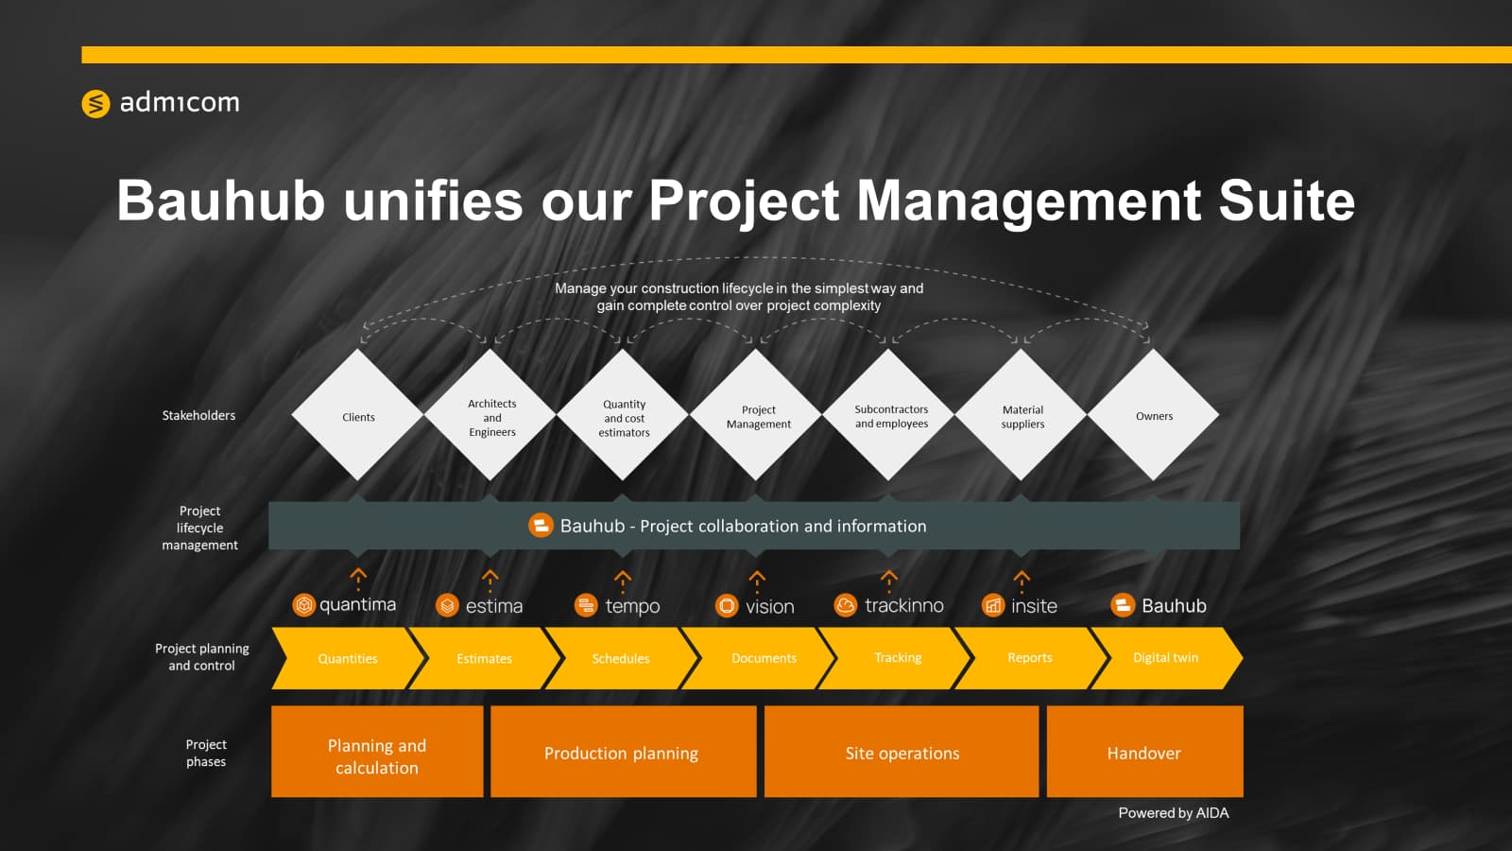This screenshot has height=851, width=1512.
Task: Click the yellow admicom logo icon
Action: pos(95,103)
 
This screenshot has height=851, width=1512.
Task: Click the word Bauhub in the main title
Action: pos(221,200)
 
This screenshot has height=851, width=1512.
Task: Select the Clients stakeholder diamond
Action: pos(358,415)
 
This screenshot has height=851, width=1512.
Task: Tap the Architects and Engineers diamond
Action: pos(490,415)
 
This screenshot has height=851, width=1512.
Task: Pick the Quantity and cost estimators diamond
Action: pos(623,415)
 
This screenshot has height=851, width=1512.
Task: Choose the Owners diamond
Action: pos(1154,415)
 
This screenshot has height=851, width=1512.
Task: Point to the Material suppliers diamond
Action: pos(1022,415)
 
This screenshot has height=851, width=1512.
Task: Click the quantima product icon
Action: pos(303,604)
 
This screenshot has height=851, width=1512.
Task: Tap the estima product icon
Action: pos(447,605)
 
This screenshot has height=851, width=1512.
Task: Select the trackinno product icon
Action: pos(845,604)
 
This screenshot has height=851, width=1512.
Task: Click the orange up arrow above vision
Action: pos(757,581)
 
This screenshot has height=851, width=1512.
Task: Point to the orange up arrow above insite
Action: pos(1022,581)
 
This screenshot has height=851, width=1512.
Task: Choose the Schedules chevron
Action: pos(621,658)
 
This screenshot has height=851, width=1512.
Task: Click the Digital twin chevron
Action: pos(1166,658)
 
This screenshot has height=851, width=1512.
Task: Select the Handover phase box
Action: pos(1144,752)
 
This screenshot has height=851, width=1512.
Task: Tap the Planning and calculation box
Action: pos(377,752)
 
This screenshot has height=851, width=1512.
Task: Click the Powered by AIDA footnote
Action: pos(1174,813)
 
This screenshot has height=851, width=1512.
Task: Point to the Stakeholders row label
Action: pos(198,415)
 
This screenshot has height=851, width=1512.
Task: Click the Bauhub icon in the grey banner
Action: pos(541,526)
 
